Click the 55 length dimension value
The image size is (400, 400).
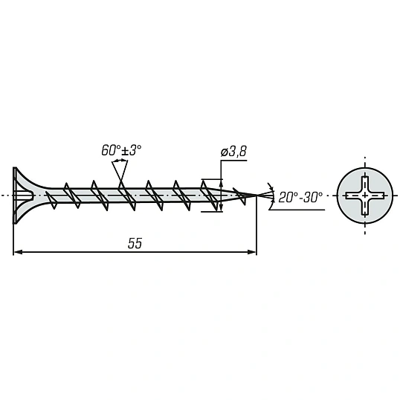coord(135,243)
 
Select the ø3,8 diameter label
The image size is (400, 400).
coord(233,151)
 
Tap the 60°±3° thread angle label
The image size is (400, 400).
coord(121,150)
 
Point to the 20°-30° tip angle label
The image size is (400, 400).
coord(300,197)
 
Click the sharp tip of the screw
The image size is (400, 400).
coord(257,196)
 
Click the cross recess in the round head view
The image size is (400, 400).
coord(365,196)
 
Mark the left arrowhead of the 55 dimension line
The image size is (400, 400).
coord(17,252)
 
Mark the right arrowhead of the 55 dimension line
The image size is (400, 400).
coord(252,252)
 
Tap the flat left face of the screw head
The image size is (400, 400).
coord(15,196)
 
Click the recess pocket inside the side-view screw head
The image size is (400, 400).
coord(25,196)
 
